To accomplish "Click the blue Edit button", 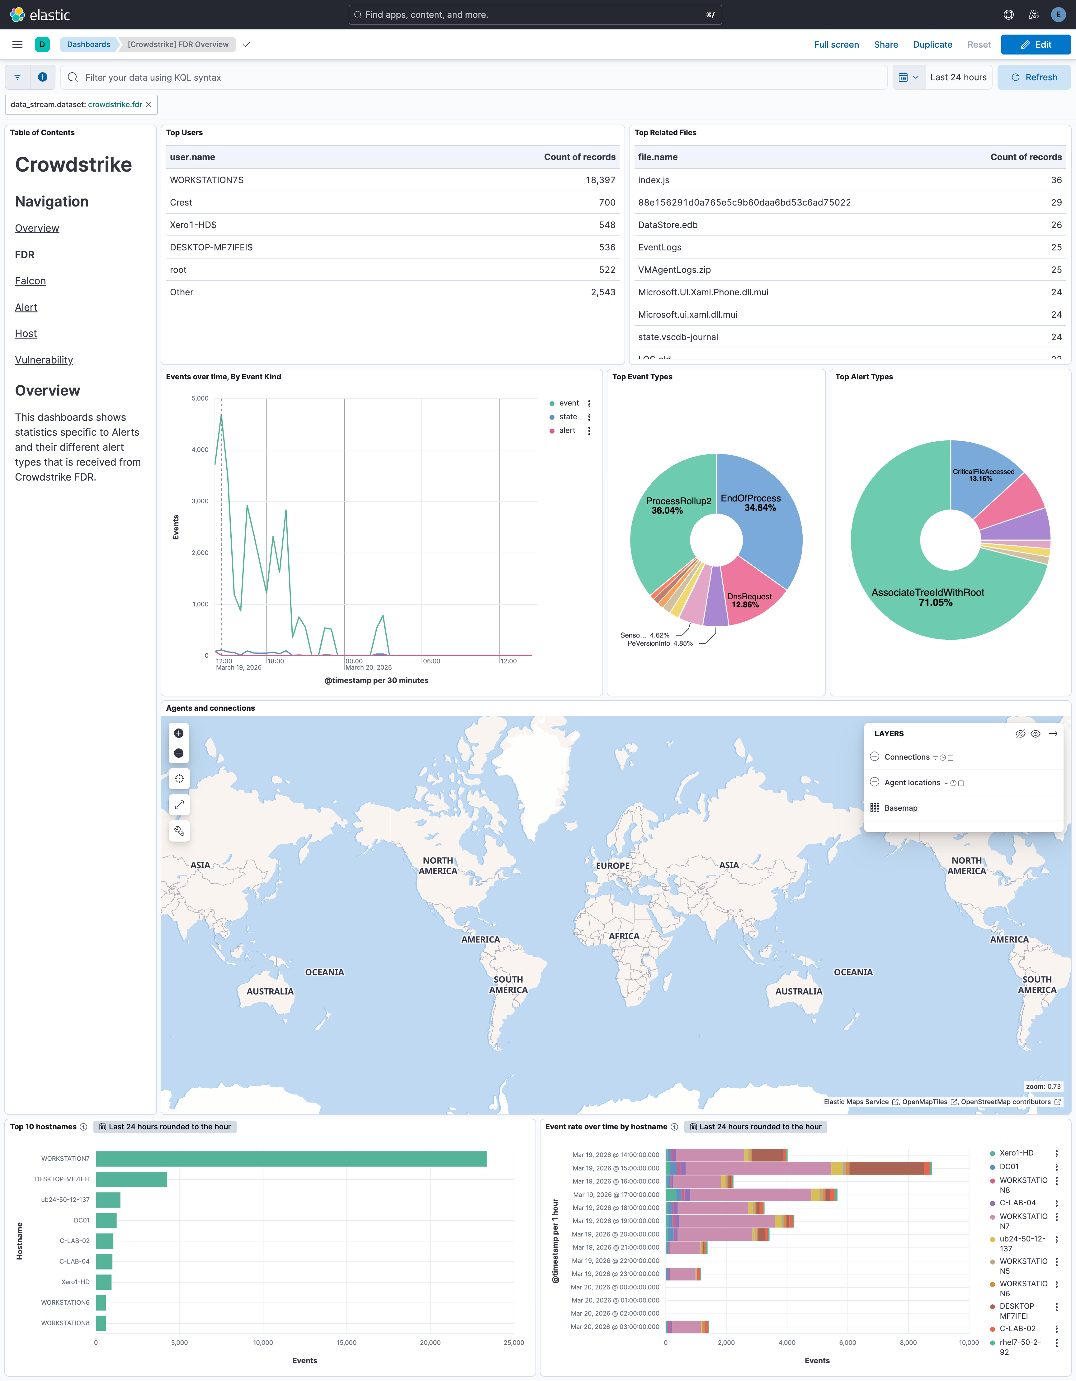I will [1036, 44].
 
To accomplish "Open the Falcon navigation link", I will [30, 281].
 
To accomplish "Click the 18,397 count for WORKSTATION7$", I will [600, 180].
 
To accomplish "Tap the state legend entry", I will [568, 417].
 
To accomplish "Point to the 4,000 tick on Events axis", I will [200, 449].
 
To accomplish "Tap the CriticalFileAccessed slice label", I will [983, 475].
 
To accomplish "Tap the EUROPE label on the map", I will [612, 866].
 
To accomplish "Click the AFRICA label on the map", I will [624, 936].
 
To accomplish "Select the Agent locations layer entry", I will [912, 783].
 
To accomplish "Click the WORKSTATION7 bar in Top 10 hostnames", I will [291, 1158].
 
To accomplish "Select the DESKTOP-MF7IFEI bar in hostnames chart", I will [131, 1179].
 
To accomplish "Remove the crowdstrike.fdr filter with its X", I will [149, 105].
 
